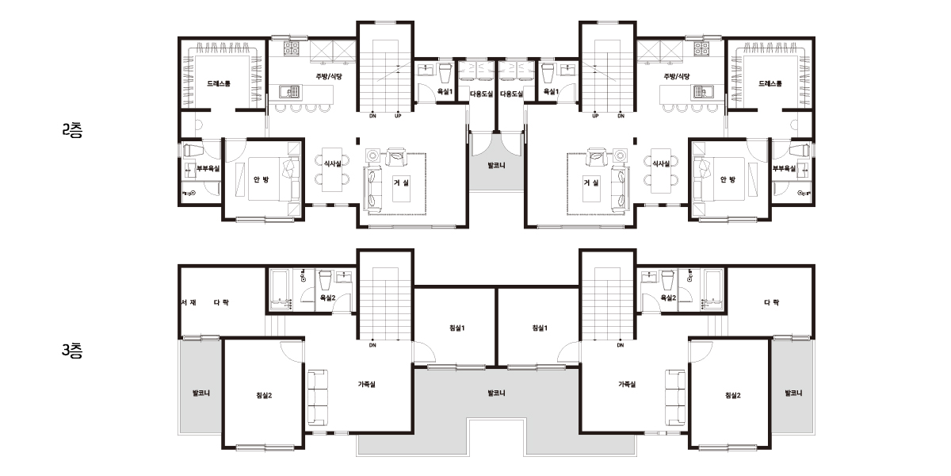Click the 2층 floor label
point(72,130)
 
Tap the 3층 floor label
point(72,351)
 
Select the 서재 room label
point(189,302)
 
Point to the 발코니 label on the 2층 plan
point(496,165)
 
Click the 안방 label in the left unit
point(261,179)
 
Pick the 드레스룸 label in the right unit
point(770,83)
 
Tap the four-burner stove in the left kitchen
point(292,48)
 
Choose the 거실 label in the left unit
point(401,182)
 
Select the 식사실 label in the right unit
point(661,163)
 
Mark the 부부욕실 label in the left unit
point(208,169)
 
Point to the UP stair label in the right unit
point(595,116)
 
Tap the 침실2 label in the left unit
point(264,395)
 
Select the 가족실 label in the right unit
point(627,384)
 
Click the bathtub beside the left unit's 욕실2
point(281,289)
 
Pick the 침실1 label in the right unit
point(540,328)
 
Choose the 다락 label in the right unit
point(771,302)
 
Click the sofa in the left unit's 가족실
point(317,397)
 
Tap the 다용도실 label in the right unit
point(512,94)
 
